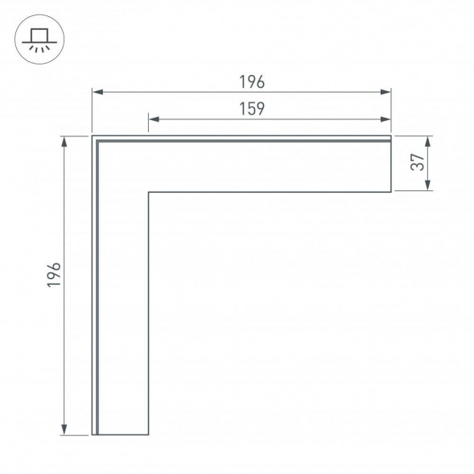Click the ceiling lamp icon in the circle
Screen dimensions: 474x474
pyautogui.click(x=37, y=38)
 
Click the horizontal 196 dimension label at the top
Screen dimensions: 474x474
pyautogui.click(x=252, y=82)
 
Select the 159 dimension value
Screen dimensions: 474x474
pyautogui.click(x=252, y=109)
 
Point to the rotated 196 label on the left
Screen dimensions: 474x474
pyautogui.click(x=54, y=277)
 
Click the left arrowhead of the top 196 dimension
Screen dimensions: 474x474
pyautogui.click(x=95, y=93)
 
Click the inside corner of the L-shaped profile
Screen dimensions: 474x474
pyautogui.click(x=148, y=192)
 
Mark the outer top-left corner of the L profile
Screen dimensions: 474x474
pyautogui.click(x=93, y=136)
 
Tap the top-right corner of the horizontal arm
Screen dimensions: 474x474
pyautogui.click(x=391, y=136)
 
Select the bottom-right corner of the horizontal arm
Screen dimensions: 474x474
pyautogui.click(x=391, y=192)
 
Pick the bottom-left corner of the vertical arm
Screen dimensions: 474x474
pyautogui.click(x=93, y=435)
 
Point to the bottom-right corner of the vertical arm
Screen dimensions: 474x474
pyautogui.click(x=148, y=435)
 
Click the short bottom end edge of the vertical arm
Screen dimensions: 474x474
pyautogui.click(x=121, y=435)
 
